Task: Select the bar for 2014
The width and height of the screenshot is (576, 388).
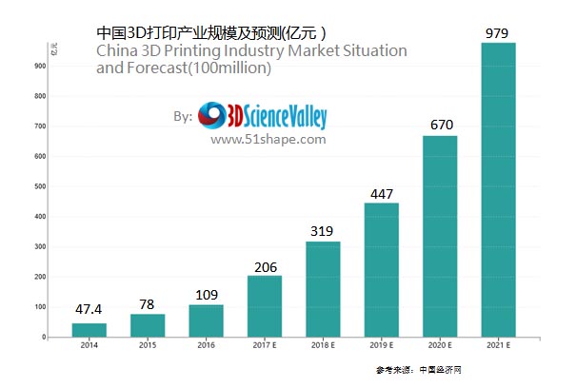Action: (89, 330)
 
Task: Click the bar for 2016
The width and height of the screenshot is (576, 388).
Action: (206, 320)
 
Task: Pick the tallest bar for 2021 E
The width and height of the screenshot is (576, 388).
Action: (499, 190)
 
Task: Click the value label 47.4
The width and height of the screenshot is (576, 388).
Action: (89, 310)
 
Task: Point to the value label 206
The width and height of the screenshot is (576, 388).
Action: (265, 267)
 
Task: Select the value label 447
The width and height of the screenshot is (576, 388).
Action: (382, 194)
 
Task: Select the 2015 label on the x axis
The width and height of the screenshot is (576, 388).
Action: (147, 347)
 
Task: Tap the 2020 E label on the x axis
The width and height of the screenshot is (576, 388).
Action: (440, 347)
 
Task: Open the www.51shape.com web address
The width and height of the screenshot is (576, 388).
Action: (268, 139)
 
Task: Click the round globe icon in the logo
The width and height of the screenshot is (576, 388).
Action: (210, 116)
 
